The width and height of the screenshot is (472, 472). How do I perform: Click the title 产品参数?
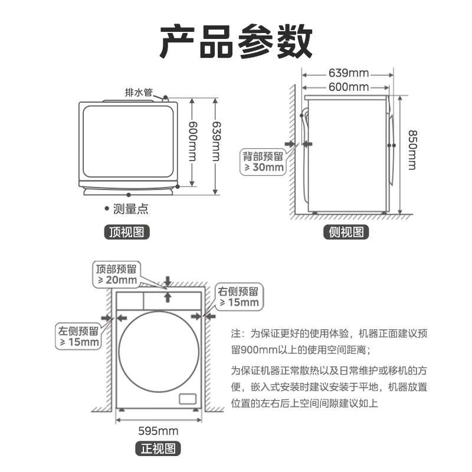pos(236,41)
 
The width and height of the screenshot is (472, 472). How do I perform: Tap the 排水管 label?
pos(139,92)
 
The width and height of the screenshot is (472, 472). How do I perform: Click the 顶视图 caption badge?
pos(127,232)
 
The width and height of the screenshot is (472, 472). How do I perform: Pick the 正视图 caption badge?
pos(158,449)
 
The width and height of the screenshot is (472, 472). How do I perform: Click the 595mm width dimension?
pos(158,431)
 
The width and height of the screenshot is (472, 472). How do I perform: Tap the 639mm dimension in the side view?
pos(348,73)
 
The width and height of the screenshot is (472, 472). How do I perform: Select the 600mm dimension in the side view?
pos(348,87)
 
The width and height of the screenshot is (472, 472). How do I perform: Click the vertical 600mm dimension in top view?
pos(192,142)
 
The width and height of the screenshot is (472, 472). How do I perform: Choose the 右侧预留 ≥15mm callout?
pos(238,297)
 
